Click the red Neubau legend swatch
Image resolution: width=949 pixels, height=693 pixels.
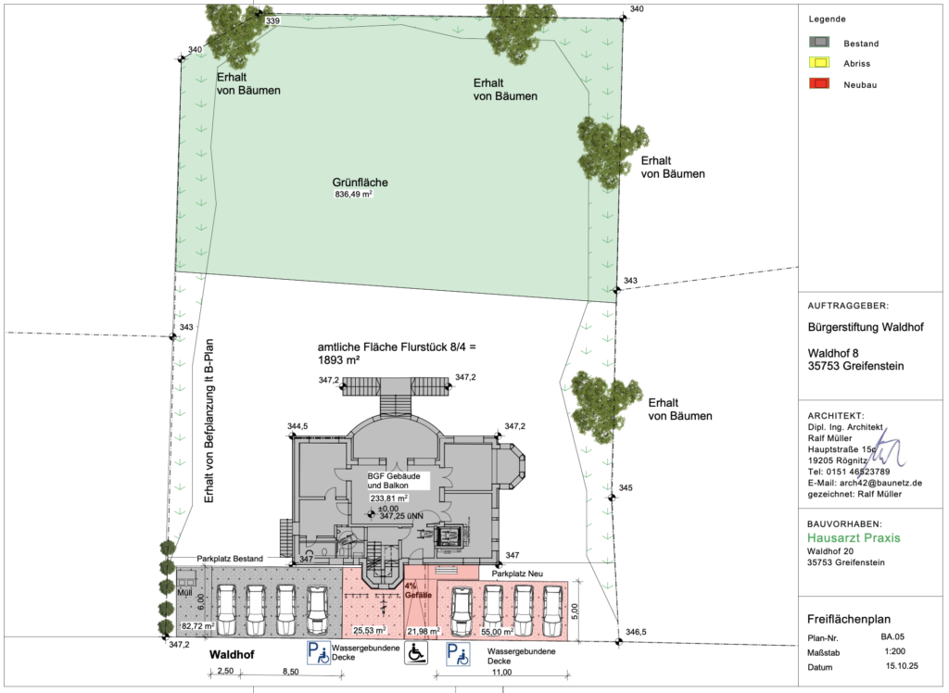coord(819,83)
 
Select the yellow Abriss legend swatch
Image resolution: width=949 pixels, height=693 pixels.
coord(819,62)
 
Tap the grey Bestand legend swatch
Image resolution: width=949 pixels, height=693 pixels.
coord(819,43)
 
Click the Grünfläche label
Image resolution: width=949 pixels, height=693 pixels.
coord(361,183)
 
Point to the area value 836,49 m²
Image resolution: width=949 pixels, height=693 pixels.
coord(353,195)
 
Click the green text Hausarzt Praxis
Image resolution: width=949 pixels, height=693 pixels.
coord(854,538)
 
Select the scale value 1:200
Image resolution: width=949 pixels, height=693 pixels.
coord(894,652)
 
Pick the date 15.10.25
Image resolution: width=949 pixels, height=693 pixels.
coord(902,666)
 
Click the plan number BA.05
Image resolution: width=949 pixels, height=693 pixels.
coord(892,636)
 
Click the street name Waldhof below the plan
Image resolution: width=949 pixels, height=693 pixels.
coord(232,655)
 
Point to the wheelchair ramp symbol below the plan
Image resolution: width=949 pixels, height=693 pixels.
coord(416,653)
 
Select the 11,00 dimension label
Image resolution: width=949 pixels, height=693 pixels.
coord(501,673)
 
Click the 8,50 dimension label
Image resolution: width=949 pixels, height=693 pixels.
coord(290,672)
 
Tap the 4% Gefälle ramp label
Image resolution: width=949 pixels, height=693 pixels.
coord(418,591)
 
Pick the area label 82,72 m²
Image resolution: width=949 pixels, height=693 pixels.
coord(198,625)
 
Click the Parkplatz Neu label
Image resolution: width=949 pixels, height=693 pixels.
coord(517,573)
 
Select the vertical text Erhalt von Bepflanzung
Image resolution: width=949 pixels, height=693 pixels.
coord(209,422)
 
